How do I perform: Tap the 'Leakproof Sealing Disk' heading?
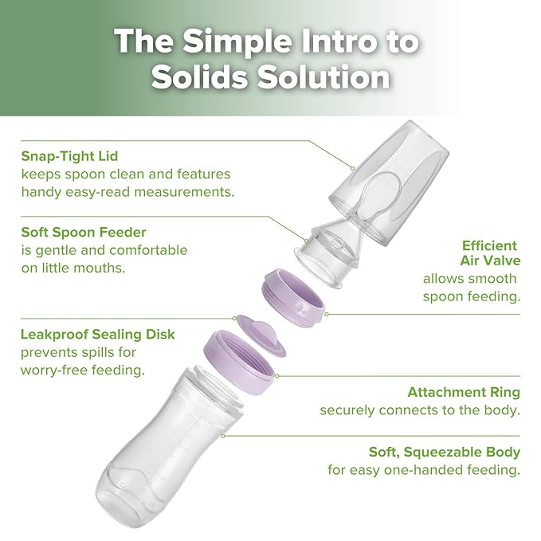(x=98, y=334)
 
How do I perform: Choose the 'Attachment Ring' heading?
(x=463, y=392)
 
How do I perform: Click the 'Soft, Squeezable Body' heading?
(x=444, y=452)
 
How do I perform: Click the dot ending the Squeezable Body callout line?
(x=223, y=436)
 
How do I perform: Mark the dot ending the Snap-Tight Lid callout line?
(x=351, y=167)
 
